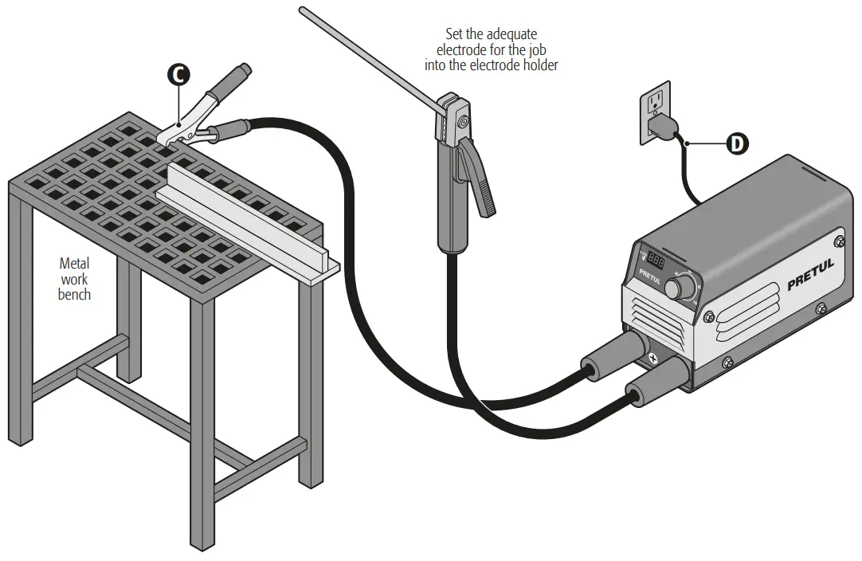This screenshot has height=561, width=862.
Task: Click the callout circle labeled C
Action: tap(178, 74)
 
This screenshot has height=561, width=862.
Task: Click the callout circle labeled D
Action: tap(738, 144)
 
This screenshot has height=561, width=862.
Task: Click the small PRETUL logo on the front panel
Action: tap(650, 277)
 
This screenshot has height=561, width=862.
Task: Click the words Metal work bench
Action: tap(74, 278)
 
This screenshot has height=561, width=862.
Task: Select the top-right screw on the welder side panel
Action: tap(838, 241)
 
